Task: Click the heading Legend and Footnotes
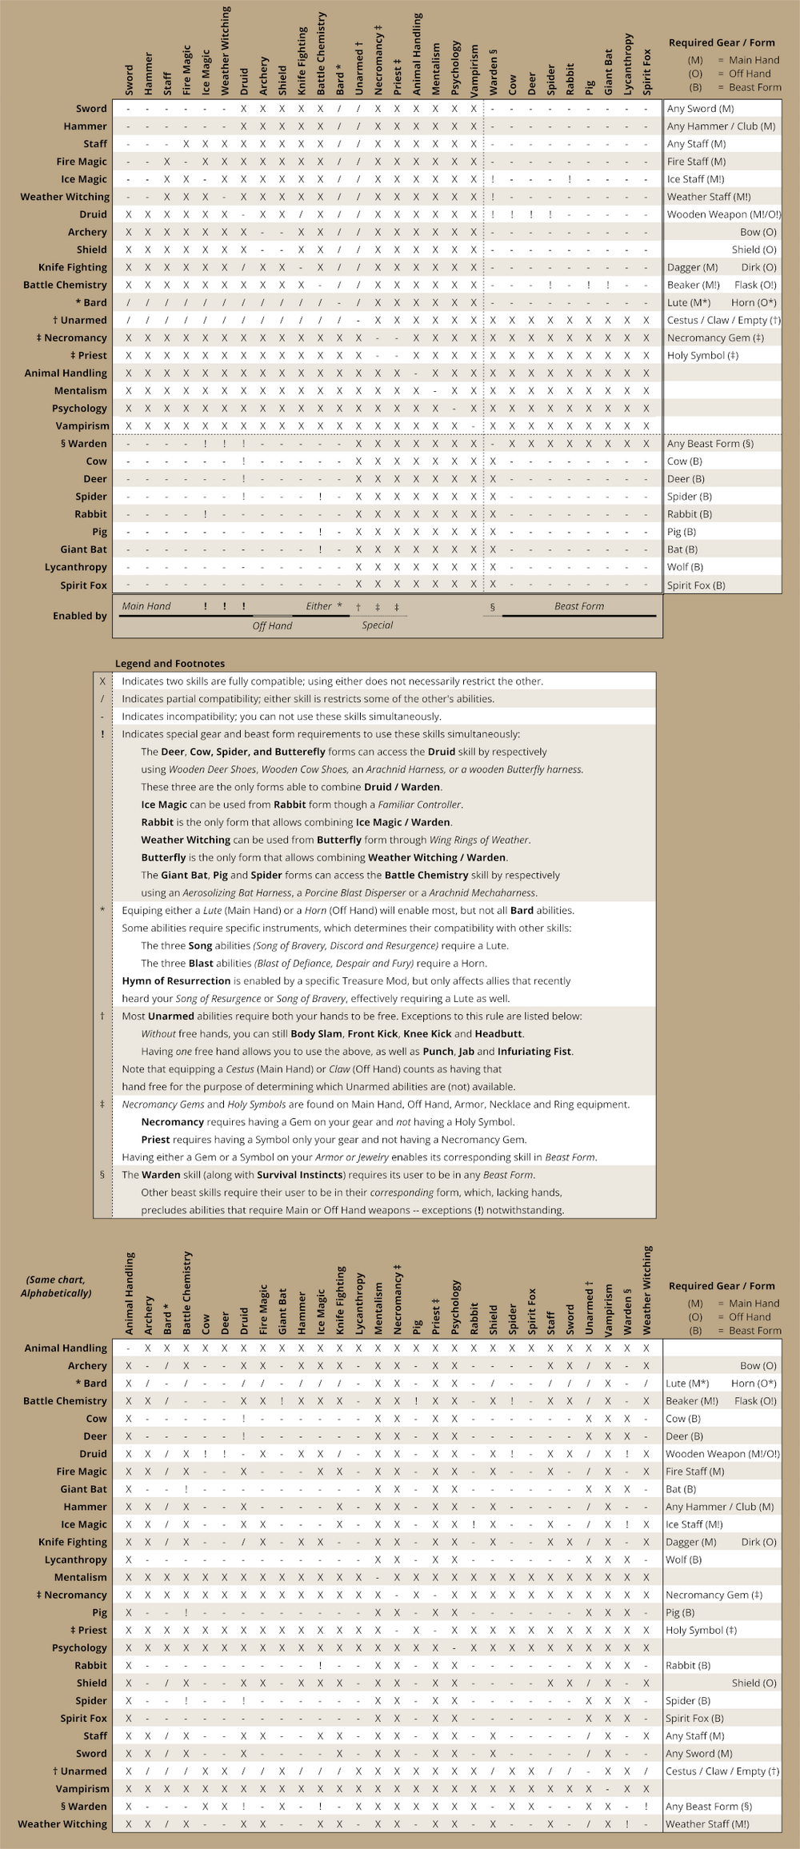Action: point(170,664)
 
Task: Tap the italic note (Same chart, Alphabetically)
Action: point(56,1286)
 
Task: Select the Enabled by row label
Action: point(79,616)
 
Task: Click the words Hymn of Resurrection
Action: point(176,980)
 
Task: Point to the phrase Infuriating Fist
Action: point(534,1052)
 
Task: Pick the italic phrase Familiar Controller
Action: point(418,805)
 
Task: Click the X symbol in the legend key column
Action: point(102,681)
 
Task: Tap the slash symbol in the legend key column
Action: point(102,699)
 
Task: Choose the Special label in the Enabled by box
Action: point(377,625)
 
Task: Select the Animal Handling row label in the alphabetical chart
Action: point(66,1348)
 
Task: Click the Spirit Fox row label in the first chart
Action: point(83,585)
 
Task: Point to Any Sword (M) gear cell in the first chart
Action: point(700,109)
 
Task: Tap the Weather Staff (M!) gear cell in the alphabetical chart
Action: point(707,1824)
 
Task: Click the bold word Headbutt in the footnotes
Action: point(498,1034)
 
